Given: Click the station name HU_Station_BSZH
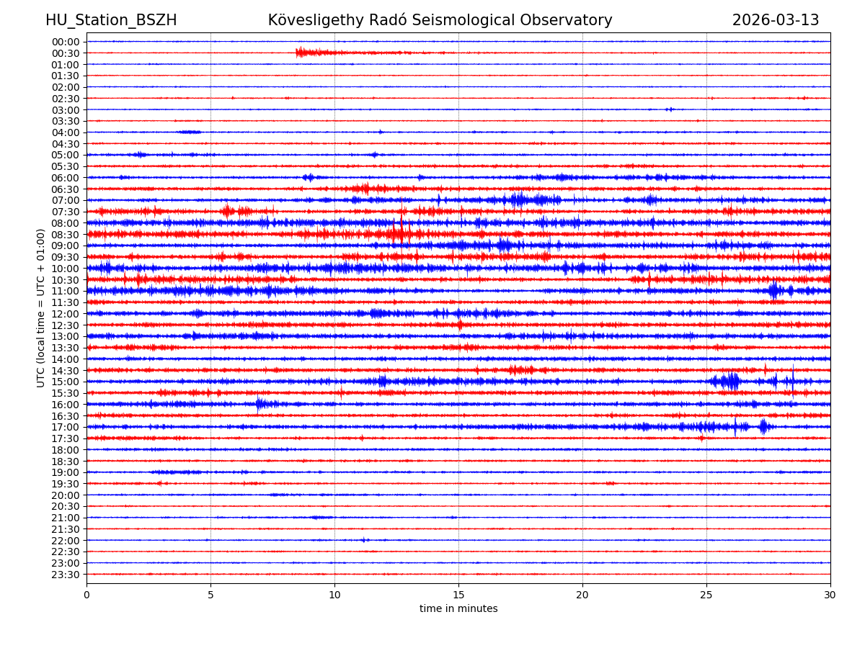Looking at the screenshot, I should point(111,21).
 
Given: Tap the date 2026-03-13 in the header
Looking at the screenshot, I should point(776,21).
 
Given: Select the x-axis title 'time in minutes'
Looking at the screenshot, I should point(458,609).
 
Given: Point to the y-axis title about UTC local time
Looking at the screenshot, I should point(41,308).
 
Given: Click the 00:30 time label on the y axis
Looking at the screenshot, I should point(65,53).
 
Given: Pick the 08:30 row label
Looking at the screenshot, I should point(65,235).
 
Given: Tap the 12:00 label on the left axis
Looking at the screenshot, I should point(65,314).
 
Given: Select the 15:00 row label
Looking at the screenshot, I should point(65,382).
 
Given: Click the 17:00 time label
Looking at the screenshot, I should point(65,427).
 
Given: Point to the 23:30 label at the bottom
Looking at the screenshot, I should point(65,575).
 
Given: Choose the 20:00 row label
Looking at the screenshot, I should point(65,495).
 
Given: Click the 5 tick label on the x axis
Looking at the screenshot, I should point(210,595).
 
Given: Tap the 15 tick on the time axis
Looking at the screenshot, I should point(458,595).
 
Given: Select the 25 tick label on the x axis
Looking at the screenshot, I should point(706,595).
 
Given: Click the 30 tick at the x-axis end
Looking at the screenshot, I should point(830,595).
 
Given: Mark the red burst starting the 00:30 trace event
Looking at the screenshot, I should point(301,53).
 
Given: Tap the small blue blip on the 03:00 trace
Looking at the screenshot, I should point(670,109).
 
